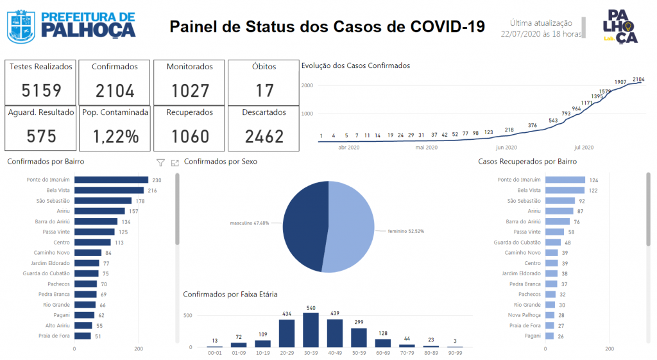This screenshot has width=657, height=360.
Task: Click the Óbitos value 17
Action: point(264,90)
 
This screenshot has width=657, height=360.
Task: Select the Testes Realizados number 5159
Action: point(41,90)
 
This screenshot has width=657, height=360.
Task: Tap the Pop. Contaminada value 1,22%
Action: point(115,137)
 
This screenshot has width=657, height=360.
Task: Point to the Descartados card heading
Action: point(264,112)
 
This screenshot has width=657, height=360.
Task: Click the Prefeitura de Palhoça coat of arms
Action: point(21,27)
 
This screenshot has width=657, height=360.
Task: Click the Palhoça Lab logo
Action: point(620,26)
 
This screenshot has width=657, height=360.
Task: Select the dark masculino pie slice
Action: point(305,227)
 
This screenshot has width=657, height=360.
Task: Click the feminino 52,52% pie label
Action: point(405,232)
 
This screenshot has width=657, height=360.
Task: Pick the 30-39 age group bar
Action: point(311,330)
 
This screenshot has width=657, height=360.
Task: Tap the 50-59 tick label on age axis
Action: point(359,354)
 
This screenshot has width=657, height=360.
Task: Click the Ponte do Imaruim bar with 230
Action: point(112,180)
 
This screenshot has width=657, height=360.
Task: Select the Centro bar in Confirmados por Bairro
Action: point(92,242)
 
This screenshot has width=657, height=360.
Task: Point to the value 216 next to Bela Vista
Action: point(152,191)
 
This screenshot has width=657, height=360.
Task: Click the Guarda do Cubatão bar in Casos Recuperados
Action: point(553,242)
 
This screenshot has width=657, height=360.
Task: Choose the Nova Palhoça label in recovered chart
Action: point(524,315)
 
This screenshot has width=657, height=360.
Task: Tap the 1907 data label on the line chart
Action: point(620,82)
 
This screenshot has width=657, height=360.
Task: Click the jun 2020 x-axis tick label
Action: point(506,148)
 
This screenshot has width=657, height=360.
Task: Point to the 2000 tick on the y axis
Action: point(307,85)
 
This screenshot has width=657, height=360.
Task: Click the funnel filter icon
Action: point(160,162)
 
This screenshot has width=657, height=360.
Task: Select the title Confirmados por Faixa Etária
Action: point(230,295)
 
